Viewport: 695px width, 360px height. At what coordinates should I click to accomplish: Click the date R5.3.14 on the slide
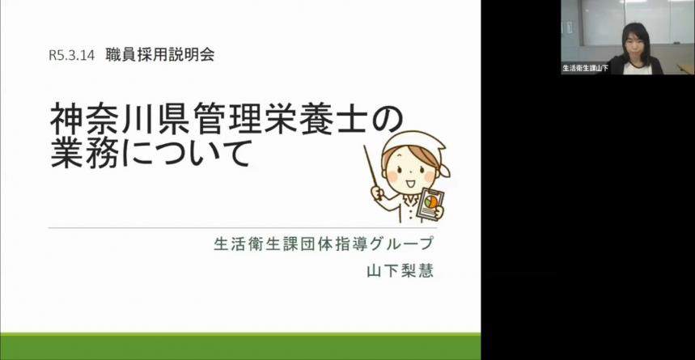pos(72,57)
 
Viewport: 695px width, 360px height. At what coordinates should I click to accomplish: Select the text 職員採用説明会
pos(159,56)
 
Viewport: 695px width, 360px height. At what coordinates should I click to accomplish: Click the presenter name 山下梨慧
pos(400,270)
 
